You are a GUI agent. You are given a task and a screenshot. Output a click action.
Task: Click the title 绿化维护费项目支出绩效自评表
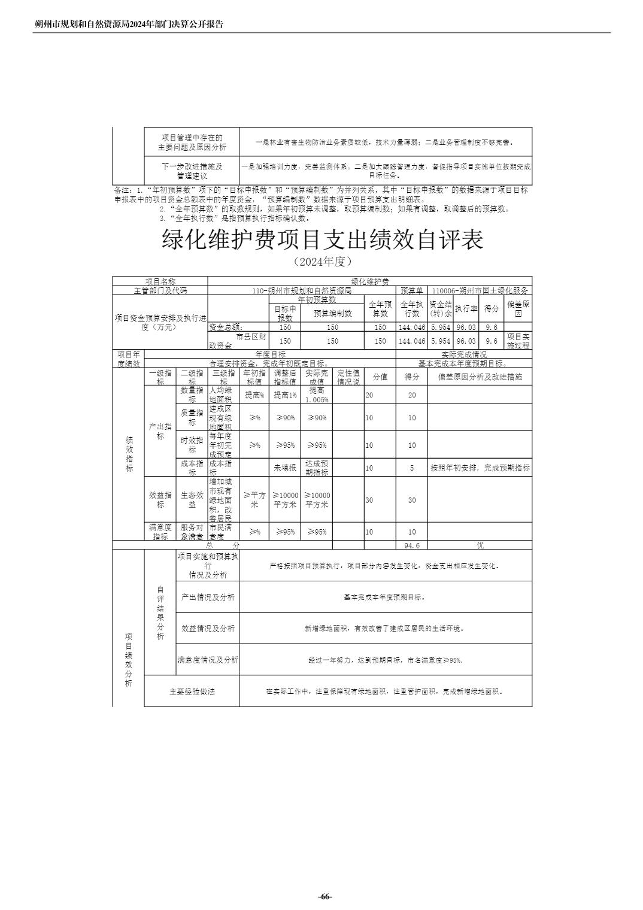[x=322, y=240]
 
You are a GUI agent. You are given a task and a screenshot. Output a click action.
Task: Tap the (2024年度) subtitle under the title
[x=322, y=262]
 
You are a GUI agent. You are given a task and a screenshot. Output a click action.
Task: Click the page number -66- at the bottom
[x=324, y=896]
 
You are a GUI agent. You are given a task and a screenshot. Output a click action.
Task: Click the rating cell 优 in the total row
[x=480, y=545]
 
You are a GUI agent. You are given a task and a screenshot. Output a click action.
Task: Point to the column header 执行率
[x=466, y=308]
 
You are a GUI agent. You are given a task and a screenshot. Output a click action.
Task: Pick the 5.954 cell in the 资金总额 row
[x=440, y=327]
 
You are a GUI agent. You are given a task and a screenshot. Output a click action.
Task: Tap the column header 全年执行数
[x=411, y=308]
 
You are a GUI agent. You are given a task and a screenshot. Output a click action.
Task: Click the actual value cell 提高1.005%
[x=317, y=395]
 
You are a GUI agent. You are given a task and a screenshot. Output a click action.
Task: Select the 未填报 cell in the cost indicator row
[x=285, y=468]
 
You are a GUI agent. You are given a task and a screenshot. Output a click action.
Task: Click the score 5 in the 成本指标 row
[x=411, y=468]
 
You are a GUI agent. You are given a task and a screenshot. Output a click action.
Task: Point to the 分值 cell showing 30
[x=369, y=500]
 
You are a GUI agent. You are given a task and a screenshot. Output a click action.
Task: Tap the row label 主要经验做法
[x=192, y=691]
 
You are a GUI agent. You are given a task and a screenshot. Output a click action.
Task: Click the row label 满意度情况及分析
[x=208, y=660]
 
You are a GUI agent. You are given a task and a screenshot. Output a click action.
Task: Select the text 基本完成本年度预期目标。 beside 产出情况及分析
[x=385, y=597]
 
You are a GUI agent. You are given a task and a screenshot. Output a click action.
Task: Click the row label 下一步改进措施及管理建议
[x=192, y=171]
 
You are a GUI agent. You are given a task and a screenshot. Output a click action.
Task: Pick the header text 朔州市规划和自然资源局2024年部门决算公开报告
[x=129, y=25]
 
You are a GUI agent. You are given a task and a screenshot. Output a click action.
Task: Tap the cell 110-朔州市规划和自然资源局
[x=301, y=290]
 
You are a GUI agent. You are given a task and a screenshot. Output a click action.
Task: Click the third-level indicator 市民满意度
[x=220, y=532]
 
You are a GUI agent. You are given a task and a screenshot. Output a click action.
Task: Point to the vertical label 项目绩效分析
[x=128, y=659]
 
